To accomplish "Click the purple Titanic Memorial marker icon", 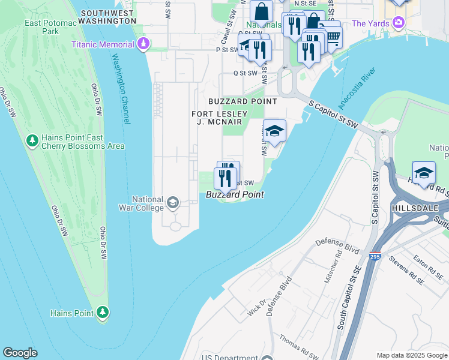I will tap(143, 44).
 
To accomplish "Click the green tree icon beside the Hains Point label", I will tap(103, 313).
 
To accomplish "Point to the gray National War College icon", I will tap(173, 203).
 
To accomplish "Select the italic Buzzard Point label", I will tap(235, 194).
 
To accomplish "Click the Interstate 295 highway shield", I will tap(375, 256).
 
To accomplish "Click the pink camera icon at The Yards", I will tap(397, 23).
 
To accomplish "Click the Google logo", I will tap(20, 353).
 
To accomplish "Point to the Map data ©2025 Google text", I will tap(411, 355).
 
